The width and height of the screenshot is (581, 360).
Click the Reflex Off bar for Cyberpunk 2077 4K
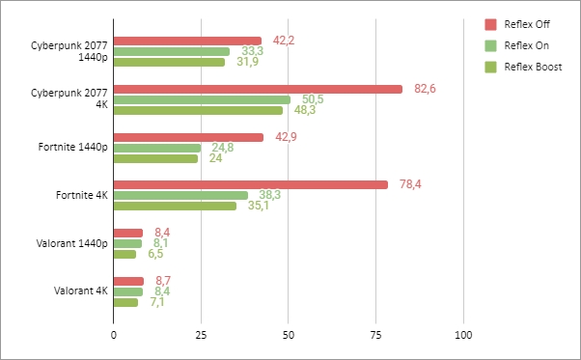point(258,89)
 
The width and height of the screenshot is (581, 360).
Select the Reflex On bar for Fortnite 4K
point(180,195)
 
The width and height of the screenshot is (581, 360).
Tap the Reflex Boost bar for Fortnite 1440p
point(155,158)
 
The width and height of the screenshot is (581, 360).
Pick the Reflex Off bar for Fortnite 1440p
point(188,137)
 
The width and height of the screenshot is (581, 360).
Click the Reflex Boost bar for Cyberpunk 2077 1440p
point(169,62)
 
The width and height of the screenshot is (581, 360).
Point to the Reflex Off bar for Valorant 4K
point(128,281)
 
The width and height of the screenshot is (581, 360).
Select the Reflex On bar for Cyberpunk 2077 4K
point(202,99)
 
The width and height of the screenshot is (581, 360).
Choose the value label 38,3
point(270,195)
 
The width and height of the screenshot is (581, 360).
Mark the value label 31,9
point(248,62)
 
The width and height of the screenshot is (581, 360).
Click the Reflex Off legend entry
point(520,24)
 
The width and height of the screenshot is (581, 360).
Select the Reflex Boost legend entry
point(525,67)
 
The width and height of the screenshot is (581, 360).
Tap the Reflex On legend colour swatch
point(490,45)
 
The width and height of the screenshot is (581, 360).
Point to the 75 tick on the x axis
point(376,335)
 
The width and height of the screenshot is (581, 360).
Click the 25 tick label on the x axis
point(201,335)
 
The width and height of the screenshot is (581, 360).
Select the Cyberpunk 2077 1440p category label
point(69,50)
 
